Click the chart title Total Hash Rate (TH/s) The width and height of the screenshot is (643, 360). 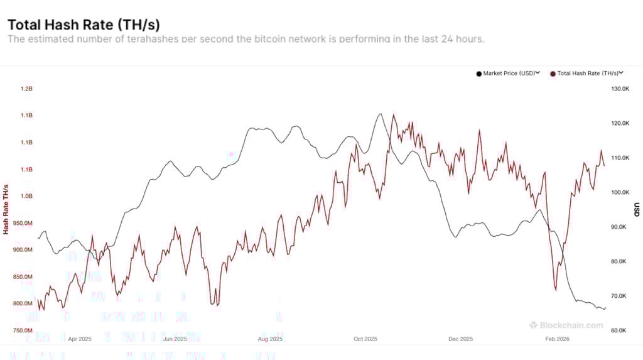(84, 25)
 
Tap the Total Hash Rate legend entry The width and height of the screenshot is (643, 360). (586, 74)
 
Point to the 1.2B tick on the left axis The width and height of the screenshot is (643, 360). (26, 89)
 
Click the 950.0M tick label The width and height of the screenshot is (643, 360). (23, 223)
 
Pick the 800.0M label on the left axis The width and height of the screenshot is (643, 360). (23, 303)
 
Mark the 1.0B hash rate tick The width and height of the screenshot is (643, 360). (26, 196)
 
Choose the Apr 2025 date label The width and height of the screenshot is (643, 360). (79, 339)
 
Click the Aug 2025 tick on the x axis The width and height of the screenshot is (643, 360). (270, 339)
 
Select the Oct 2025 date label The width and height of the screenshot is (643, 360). (365, 339)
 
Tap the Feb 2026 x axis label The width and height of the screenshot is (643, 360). (556, 339)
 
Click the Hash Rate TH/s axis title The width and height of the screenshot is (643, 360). (6, 209)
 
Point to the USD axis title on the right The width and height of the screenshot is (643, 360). (636, 209)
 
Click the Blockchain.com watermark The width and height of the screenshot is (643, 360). (566, 325)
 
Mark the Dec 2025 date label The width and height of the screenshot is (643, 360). (460, 339)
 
